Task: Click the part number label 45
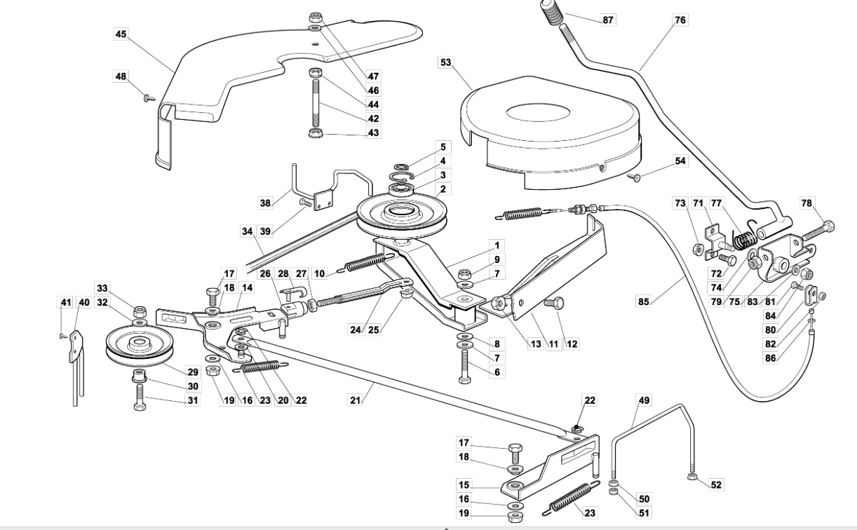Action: pos(121,34)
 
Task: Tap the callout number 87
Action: pos(608,20)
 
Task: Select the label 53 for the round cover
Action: pos(446,62)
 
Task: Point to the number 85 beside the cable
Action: pos(644,301)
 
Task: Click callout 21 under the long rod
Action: pos(356,400)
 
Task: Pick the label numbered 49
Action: pos(644,400)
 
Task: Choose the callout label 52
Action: pos(716,485)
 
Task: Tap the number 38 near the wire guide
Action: pos(265,203)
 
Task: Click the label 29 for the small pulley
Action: pos(193,372)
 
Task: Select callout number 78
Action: pos(807,203)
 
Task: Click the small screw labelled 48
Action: pos(149,99)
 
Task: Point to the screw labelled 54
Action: pos(634,177)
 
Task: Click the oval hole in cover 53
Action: pos(538,112)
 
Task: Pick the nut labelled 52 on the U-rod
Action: pos(691,477)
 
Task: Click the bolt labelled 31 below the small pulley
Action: pos(140,397)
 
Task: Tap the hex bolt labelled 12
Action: pos(553,304)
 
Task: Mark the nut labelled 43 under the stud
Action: pos(316,133)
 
